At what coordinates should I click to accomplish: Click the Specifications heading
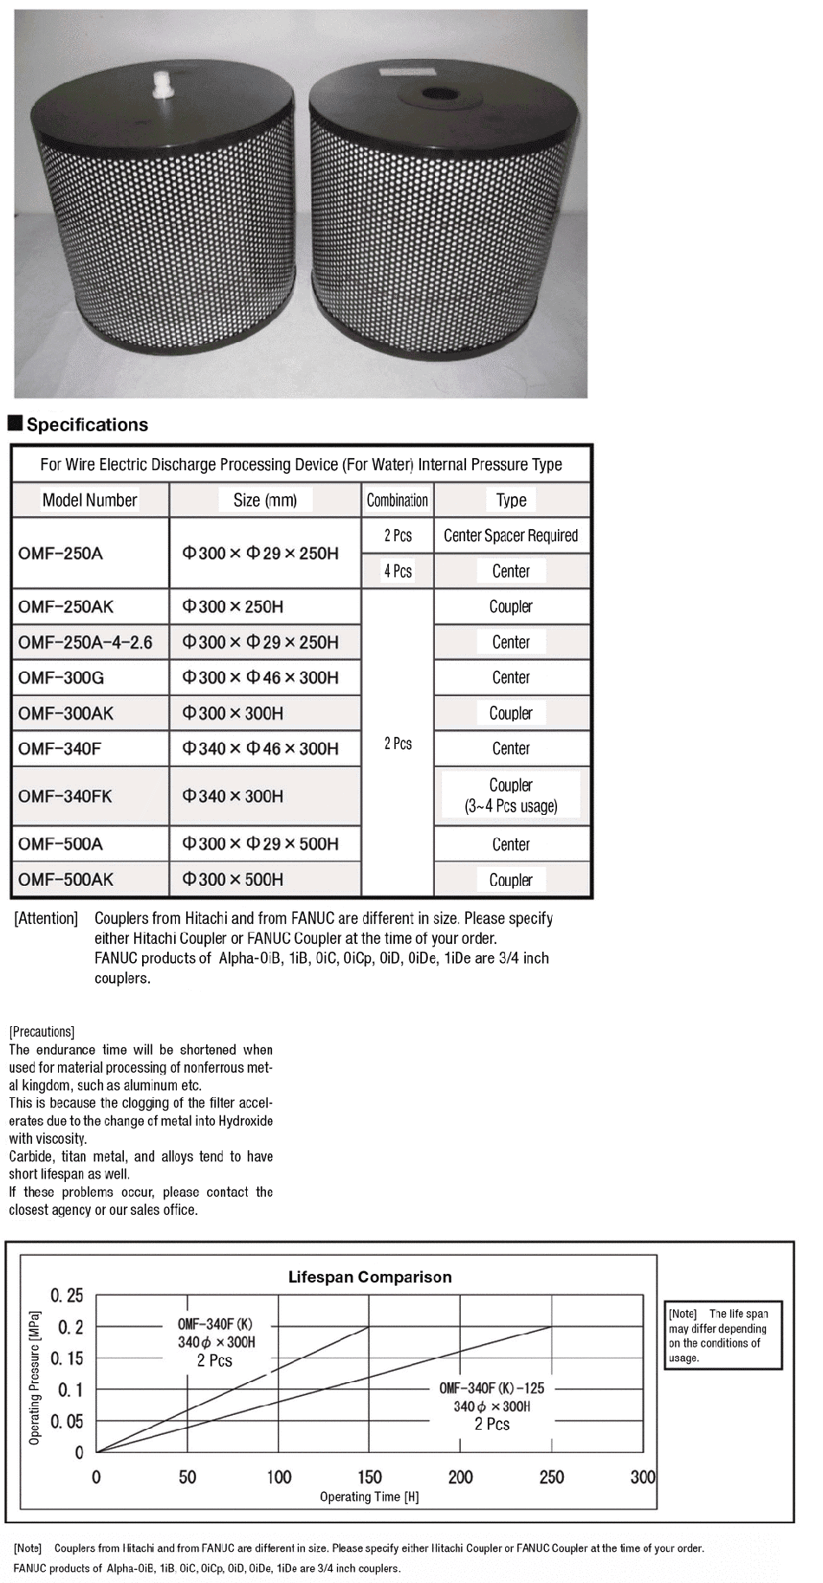pyautogui.click(x=87, y=424)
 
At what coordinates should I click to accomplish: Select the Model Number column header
pyautogui.click(x=90, y=501)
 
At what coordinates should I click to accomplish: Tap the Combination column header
pyautogui.click(x=398, y=501)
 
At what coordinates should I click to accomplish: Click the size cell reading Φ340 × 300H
pyautogui.click(x=232, y=796)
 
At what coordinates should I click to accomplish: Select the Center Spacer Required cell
pyautogui.click(x=511, y=536)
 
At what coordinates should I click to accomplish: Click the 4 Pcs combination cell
pyautogui.click(x=398, y=572)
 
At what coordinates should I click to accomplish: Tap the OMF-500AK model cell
pyautogui.click(x=66, y=880)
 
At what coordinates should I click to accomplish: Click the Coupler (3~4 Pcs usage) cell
pyautogui.click(x=511, y=796)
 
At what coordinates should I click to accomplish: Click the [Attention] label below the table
pyautogui.click(x=46, y=919)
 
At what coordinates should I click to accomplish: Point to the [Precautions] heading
pyautogui.click(x=42, y=1032)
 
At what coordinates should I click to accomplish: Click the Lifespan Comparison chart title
pyautogui.click(x=370, y=1277)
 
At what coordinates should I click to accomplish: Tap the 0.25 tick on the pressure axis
pyautogui.click(x=67, y=1296)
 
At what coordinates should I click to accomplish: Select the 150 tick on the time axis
pyautogui.click(x=369, y=1477)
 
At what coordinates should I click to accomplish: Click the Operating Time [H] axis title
pyautogui.click(x=369, y=1497)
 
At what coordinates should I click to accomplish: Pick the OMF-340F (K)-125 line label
pyautogui.click(x=491, y=1388)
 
